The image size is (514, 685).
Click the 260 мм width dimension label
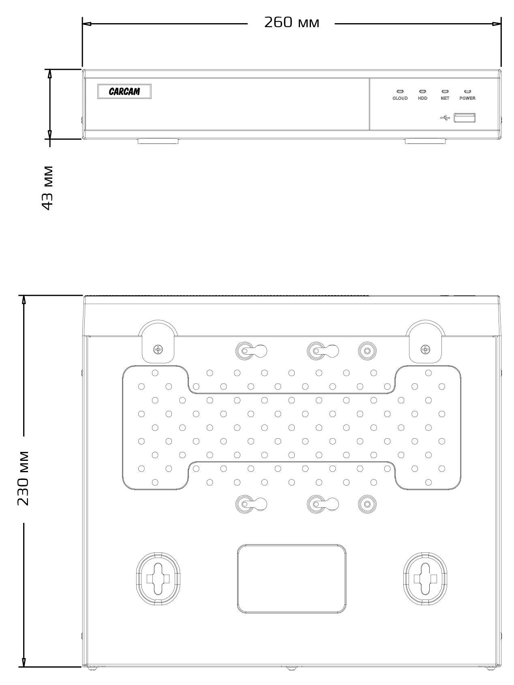coord(291,23)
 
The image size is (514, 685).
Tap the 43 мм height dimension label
coord(48,188)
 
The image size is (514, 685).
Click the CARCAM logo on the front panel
coord(124,92)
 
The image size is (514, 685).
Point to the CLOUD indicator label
coord(400,98)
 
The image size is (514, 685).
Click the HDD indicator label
coord(422,98)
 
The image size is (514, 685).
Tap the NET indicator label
coord(445,98)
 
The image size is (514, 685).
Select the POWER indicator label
coord(467,98)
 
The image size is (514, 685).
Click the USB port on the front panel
coord(465,118)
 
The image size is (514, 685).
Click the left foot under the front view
coord(158,141)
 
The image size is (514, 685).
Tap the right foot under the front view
coord(426,141)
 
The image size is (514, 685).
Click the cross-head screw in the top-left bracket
coord(158,349)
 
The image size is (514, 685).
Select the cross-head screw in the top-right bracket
coord(425,349)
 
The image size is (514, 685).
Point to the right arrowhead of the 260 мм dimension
coord(497,24)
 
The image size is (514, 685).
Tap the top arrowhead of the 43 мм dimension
coord(50,74)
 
